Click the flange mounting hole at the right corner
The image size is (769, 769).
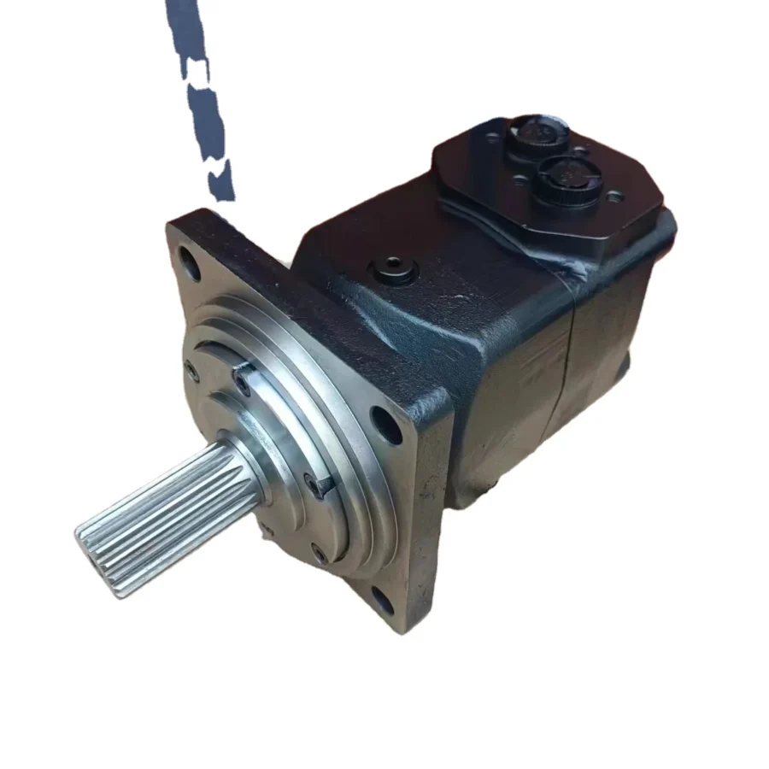(386, 425)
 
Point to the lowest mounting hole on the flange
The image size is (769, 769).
(382, 601)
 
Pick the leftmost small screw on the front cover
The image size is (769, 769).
(190, 370)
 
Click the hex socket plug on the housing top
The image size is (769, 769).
(394, 273)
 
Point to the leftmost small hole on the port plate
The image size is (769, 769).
(491, 138)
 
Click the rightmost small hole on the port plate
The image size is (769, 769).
(613, 197)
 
